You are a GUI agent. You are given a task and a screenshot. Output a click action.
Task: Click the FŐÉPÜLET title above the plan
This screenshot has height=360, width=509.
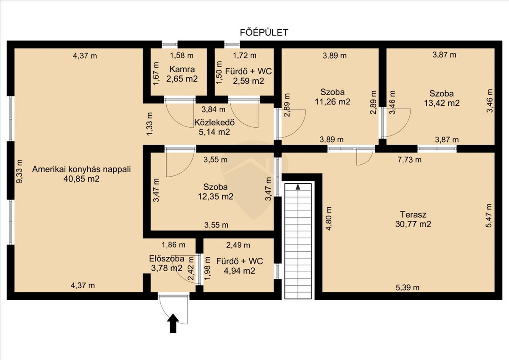point(264,33)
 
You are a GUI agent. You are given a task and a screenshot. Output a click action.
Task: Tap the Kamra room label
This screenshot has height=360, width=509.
point(182,69)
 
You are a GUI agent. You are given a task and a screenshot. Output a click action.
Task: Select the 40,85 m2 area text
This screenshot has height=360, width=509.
point(81,179)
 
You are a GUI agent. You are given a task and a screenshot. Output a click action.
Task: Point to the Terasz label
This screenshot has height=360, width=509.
point(413,214)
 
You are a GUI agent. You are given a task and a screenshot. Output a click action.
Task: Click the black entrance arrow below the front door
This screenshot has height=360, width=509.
point(173,323)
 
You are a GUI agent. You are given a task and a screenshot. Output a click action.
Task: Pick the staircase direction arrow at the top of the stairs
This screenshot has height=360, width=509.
point(298,187)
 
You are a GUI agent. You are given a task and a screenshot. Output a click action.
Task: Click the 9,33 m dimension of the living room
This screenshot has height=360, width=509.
point(20,171)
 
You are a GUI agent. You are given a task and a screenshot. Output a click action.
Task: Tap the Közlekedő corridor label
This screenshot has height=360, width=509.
point(214,122)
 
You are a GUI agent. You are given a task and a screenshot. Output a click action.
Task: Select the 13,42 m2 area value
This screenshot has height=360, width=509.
point(442,103)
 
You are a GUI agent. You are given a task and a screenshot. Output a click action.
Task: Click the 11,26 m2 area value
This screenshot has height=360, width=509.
point(333,101)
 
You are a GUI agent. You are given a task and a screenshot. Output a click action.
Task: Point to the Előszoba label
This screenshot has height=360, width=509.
point(167,259)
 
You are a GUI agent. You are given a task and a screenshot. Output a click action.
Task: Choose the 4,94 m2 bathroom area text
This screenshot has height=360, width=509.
point(239,270)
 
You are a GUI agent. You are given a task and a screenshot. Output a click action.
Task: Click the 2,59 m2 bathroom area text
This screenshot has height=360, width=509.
point(249,81)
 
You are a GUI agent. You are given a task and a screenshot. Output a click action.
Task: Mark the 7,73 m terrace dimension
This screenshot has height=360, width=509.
point(409,160)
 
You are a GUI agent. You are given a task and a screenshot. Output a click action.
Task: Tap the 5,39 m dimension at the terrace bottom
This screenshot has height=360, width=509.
point(408,288)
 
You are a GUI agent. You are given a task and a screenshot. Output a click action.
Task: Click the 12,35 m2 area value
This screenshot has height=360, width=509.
point(215,196)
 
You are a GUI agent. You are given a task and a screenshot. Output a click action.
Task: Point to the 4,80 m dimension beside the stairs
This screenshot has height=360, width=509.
point(329,219)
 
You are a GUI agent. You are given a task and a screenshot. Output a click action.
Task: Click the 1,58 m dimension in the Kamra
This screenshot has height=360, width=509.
point(182,56)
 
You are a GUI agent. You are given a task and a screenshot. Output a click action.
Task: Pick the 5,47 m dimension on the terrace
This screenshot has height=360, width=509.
point(489,215)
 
